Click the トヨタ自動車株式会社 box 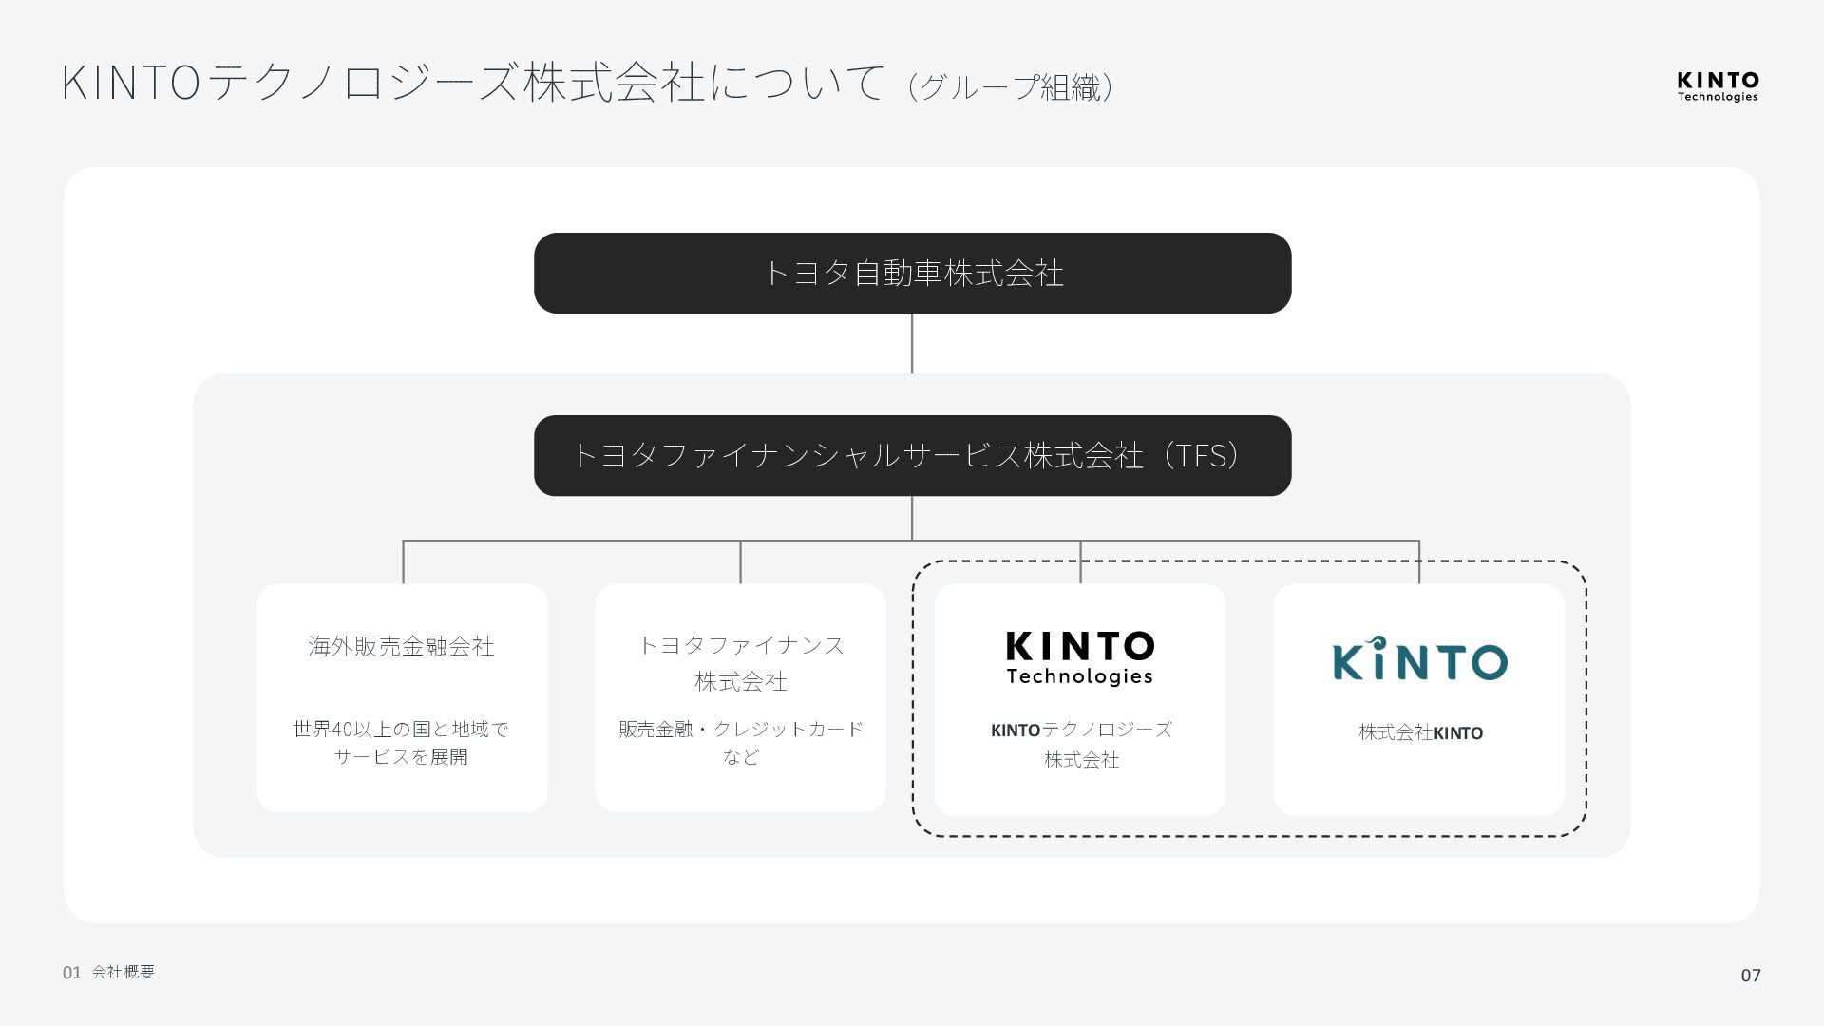pos(912,274)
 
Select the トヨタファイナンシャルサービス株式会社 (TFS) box pos(912,456)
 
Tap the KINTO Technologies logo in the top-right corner pos(1717,85)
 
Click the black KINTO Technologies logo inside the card pos(1079,657)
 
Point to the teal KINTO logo pos(1419,659)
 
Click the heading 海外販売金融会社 pos(402,647)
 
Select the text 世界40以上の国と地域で pos(402,730)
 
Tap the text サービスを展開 pos(402,757)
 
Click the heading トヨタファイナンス pos(741,646)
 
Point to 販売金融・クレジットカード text pos(741,730)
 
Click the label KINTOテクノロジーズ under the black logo pos(1081,730)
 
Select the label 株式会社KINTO pos(1420,732)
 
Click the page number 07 pos(1750,975)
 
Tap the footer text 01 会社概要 pos(109,972)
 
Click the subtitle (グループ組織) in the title pos(1011,87)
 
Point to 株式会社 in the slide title pos(614,83)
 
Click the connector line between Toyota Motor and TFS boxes pos(912,343)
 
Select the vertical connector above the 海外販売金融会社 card pos(403,562)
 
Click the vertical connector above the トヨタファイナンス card pos(741,562)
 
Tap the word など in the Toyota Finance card pos(741,757)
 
